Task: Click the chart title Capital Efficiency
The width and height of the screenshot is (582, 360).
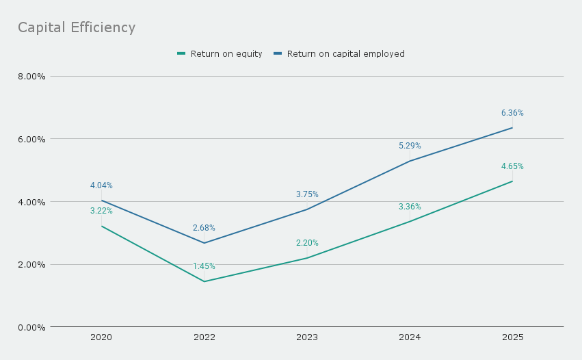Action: click(77, 27)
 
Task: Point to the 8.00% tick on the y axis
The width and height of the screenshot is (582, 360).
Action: click(31, 76)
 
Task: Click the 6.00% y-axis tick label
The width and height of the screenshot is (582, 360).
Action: click(31, 139)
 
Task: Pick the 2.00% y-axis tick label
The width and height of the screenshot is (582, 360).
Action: click(31, 264)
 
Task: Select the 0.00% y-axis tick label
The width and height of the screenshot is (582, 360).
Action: click(31, 327)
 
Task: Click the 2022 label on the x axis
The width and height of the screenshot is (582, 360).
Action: click(204, 337)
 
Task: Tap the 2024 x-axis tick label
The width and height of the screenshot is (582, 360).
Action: click(410, 337)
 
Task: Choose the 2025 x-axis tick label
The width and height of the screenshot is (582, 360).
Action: click(512, 337)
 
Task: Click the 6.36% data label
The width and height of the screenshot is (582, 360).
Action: click(512, 113)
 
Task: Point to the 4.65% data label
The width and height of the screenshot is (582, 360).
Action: click(512, 166)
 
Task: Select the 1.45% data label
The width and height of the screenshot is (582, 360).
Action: click(204, 266)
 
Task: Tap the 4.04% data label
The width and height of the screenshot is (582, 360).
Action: click(101, 185)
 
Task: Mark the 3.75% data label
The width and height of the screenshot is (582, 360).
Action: click(307, 194)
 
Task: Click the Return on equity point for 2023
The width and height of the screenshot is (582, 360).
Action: click(307, 258)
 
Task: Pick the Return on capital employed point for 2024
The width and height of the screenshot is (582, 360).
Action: click(410, 161)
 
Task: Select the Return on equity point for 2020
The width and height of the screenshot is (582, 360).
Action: click(101, 226)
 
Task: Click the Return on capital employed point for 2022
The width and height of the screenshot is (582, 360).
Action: click(204, 243)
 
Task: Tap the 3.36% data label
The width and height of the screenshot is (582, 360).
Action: click(410, 207)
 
